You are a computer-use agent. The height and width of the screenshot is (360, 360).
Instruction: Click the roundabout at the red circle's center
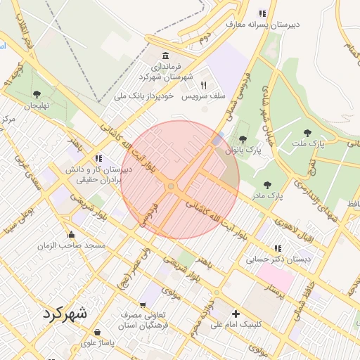point(171,186)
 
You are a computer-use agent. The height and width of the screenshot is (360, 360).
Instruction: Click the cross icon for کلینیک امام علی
point(236,313)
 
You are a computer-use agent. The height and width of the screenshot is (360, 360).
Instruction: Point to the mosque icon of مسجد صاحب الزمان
point(70,235)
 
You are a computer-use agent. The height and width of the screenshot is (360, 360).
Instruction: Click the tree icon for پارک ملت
point(307,132)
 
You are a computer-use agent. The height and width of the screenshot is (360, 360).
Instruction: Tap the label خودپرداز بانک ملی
point(145,95)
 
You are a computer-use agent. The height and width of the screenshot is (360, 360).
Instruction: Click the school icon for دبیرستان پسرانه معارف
point(262,13)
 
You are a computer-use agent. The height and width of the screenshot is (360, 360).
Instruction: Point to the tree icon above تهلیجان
point(37,94)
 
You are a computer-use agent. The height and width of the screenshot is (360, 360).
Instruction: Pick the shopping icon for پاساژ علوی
point(96,332)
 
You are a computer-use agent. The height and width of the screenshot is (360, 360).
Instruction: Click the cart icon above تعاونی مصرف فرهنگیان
point(143,305)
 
